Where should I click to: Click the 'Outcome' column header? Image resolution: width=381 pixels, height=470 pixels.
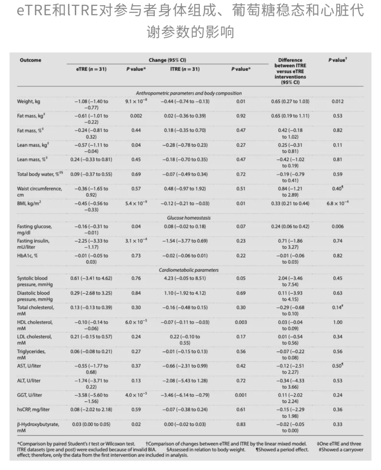pyautogui.click(x=30, y=60)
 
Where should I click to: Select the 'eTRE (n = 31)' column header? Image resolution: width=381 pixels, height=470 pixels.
pyautogui.click(x=91, y=69)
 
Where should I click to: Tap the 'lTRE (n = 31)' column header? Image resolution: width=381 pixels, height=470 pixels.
pyautogui.click(x=185, y=69)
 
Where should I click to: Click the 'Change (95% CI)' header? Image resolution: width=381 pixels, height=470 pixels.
pyautogui.click(x=167, y=60)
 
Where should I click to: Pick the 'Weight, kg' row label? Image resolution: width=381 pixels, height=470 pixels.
pyautogui.click(x=29, y=102)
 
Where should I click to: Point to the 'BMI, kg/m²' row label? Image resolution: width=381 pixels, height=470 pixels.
pyautogui.click(x=29, y=203)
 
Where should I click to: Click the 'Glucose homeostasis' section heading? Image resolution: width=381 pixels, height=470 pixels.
pyautogui.click(x=189, y=218)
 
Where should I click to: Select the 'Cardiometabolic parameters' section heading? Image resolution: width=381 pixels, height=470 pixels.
pyautogui.click(x=189, y=270)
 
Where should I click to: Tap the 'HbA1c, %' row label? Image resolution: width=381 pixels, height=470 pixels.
pyautogui.click(x=27, y=256)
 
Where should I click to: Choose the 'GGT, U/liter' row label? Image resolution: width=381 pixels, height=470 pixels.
pyautogui.click(x=29, y=395)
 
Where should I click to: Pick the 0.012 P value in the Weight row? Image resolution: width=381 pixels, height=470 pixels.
pyautogui.click(x=337, y=101)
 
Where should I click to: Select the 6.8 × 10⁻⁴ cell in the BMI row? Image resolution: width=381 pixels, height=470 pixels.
pyautogui.click(x=337, y=203)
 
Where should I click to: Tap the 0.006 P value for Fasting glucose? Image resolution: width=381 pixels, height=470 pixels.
pyautogui.click(x=337, y=226)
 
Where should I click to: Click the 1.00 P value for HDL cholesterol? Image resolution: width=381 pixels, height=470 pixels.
pyautogui.click(x=337, y=322)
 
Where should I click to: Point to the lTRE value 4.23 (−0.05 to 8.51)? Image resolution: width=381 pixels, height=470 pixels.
pyautogui.click(x=185, y=278)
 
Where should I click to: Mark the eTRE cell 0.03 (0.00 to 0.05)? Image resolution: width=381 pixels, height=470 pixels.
pyautogui.click(x=91, y=424)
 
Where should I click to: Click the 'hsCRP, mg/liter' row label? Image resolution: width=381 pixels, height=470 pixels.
pyautogui.click(x=33, y=410)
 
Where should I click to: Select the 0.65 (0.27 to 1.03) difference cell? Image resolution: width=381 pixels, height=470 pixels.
pyautogui.click(x=290, y=101)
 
